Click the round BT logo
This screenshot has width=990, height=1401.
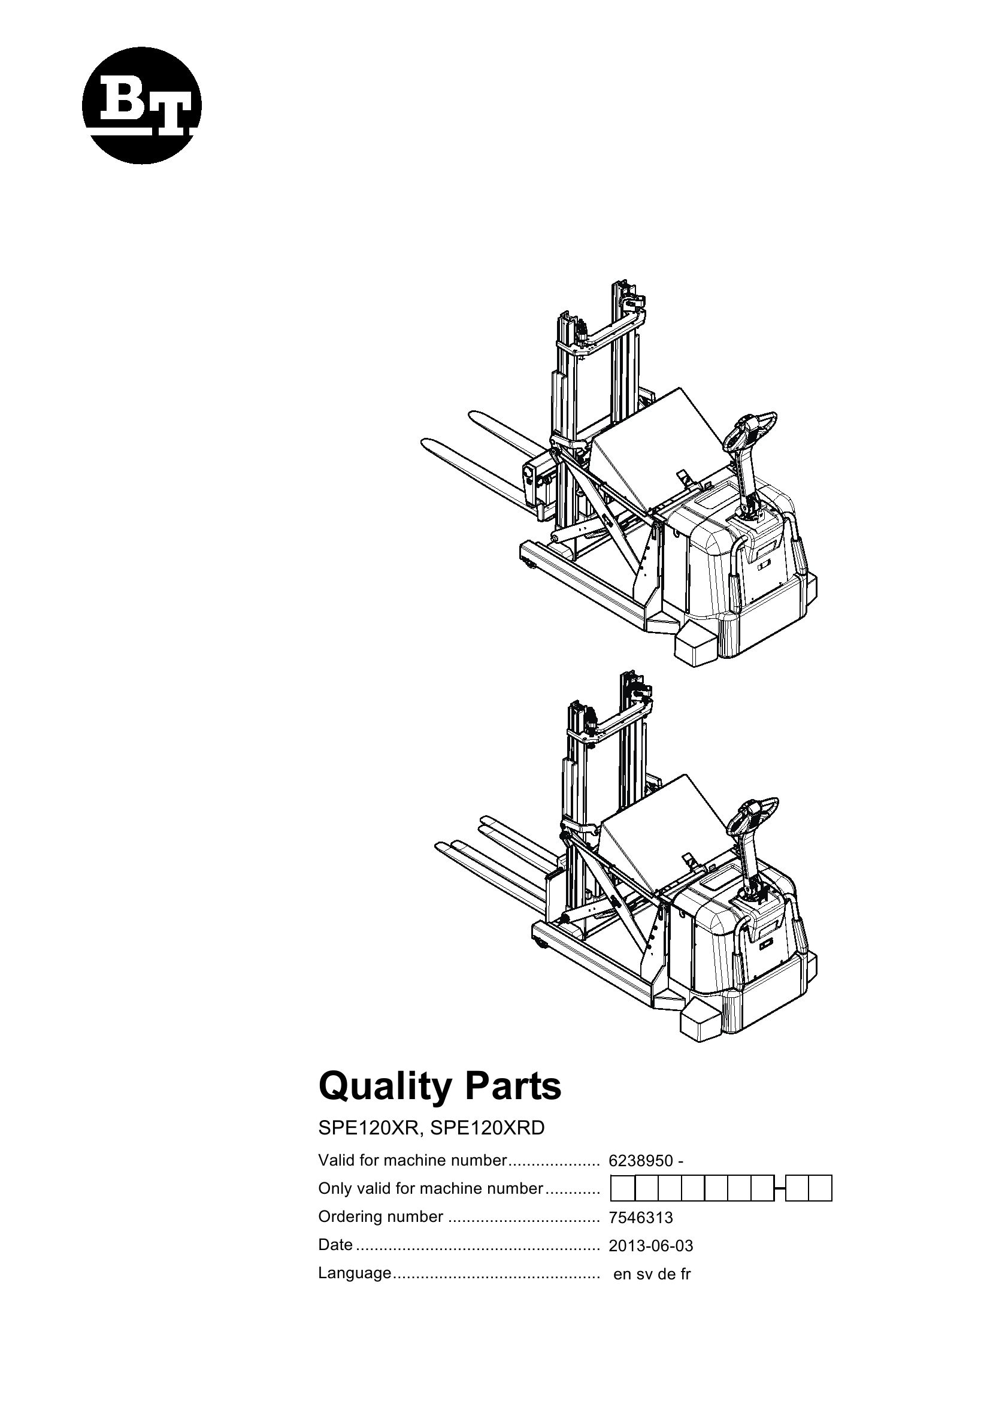[x=141, y=105]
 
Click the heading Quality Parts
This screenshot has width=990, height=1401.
[x=439, y=1087]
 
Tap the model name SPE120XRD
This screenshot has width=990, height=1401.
[x=487, y=1128]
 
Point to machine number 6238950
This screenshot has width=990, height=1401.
[x=640, y=1161]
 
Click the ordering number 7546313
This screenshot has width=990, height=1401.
[x=640, y=1218]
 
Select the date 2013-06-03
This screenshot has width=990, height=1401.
[x=651, y=1246]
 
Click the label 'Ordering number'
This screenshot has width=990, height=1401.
[x=381, y=1217]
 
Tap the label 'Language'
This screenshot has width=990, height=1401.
[x=355, y=1273]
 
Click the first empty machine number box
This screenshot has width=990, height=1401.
[x=623, y=1188]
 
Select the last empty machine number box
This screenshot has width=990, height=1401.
[x=821, y=1188]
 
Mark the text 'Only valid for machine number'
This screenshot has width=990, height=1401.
[x=430, y=1188]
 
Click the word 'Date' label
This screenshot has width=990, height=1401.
[x=335, y=1245]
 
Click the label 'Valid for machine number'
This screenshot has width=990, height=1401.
[x=412, y=1161]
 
